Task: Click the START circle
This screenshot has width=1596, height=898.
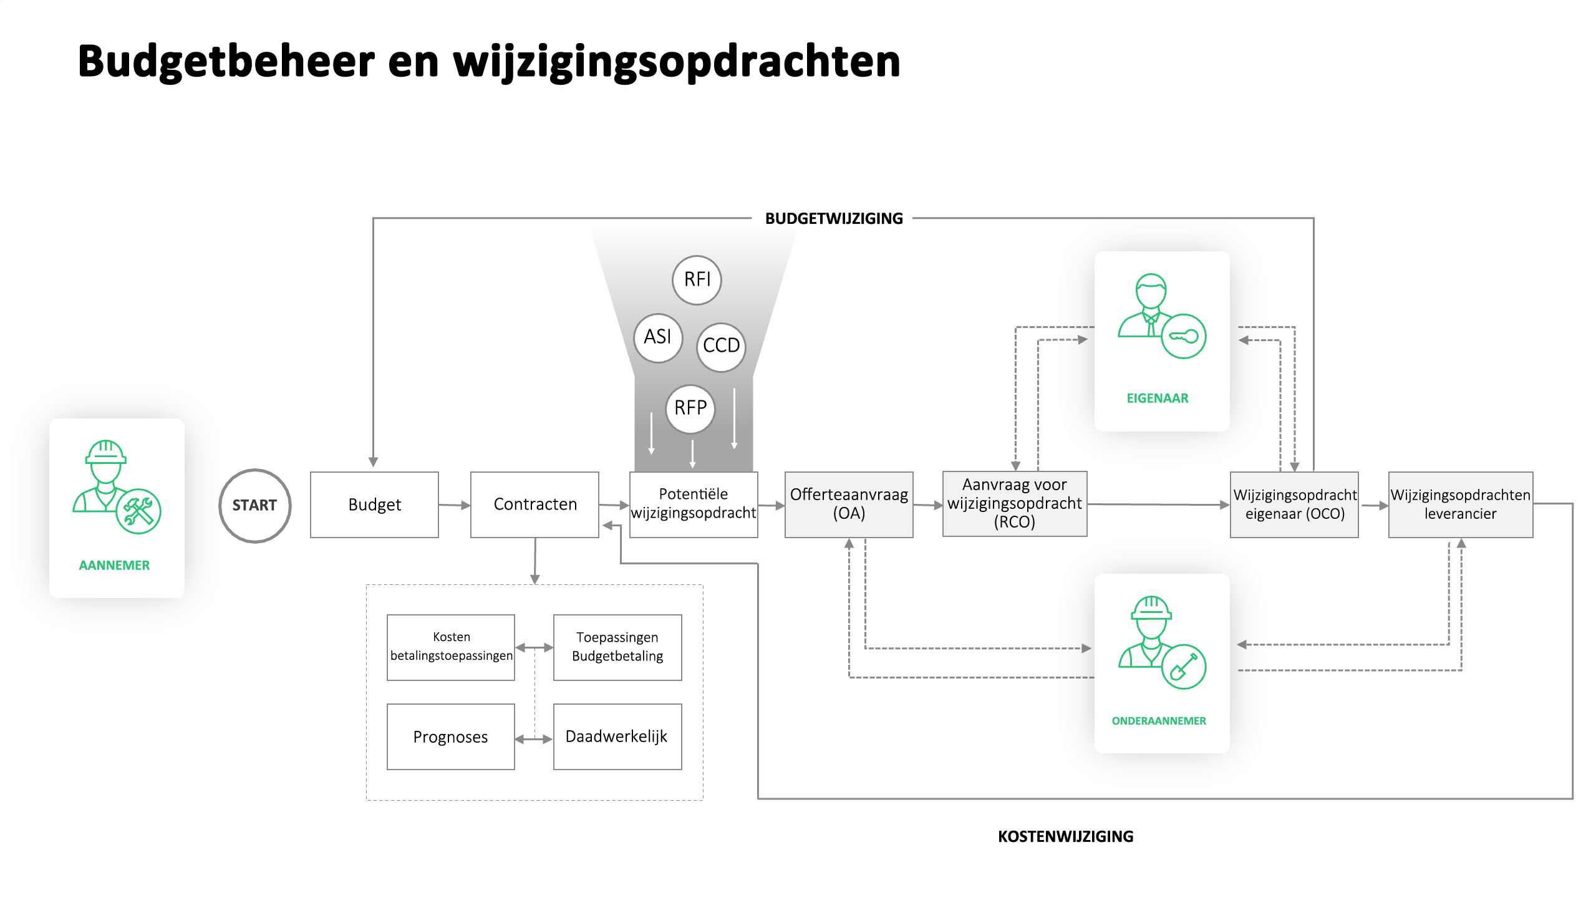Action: click(x=254, y=505)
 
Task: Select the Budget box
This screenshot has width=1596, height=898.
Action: click(x=374, y=505)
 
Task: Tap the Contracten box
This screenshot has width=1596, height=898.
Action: click(x=534, y=505)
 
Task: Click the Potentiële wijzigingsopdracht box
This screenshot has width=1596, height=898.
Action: click(x=694, y=505)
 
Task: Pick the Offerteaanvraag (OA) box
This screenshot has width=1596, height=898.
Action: click(x=849, y=505)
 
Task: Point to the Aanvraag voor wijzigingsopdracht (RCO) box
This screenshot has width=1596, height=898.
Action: click(x=1015, y=504)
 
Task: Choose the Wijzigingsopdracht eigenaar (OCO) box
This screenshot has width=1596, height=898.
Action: click(x=1294, y=505)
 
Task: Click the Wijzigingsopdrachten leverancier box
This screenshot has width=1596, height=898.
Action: click(x=1461, y=505)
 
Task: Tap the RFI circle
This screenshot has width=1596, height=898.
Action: click(x=697, y=280)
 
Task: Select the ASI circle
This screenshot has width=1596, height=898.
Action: click(x=658, y=338)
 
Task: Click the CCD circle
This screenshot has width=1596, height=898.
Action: click(x=721, y=347)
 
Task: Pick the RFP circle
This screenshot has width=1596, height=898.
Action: click(x=690, y=409)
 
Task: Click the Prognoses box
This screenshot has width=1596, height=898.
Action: click(x=450, y=737)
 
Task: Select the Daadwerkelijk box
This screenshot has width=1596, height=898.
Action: click(x=617, y=737)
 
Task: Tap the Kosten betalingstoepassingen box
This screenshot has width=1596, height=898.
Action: click(x=450, y=647)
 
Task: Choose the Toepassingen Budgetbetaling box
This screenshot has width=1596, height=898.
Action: click(x=617, y=647)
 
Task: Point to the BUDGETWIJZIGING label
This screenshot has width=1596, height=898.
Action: click(x=834, y=218)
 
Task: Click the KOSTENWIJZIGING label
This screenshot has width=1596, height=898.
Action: click(x=1065, y=836)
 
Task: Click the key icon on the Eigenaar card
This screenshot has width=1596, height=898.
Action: click(x=1183, y=337)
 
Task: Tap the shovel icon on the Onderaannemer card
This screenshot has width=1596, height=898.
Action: click(x=1183, y=667)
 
